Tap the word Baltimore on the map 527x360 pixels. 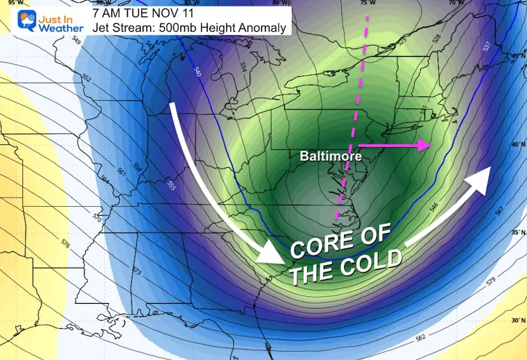[322, 157]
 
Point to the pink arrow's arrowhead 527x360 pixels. [424, 145]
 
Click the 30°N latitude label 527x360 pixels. [515, 321]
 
